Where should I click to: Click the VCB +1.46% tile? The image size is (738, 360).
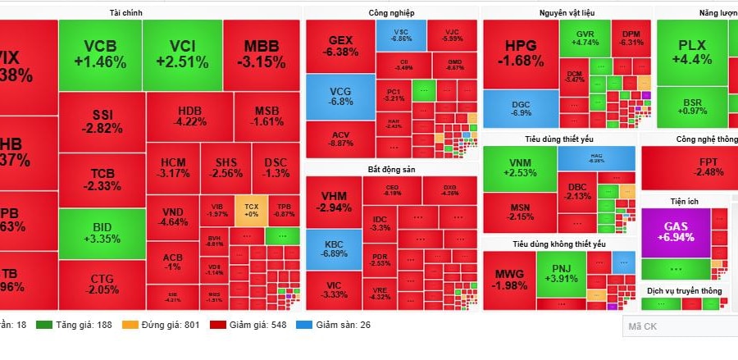coord(99,53)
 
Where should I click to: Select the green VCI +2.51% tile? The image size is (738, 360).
coord(182,53)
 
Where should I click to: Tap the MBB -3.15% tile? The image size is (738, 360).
coord(262,53)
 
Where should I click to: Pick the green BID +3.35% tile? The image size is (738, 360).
coord(102,232)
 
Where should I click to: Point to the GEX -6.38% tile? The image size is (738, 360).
coord(339,46)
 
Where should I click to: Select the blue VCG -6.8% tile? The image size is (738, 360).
coord(339,96)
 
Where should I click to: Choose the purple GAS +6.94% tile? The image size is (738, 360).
coord(675,231)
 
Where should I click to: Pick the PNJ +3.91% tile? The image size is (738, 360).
coord(562,273)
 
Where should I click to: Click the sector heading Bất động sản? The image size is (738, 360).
coord(390,170)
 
